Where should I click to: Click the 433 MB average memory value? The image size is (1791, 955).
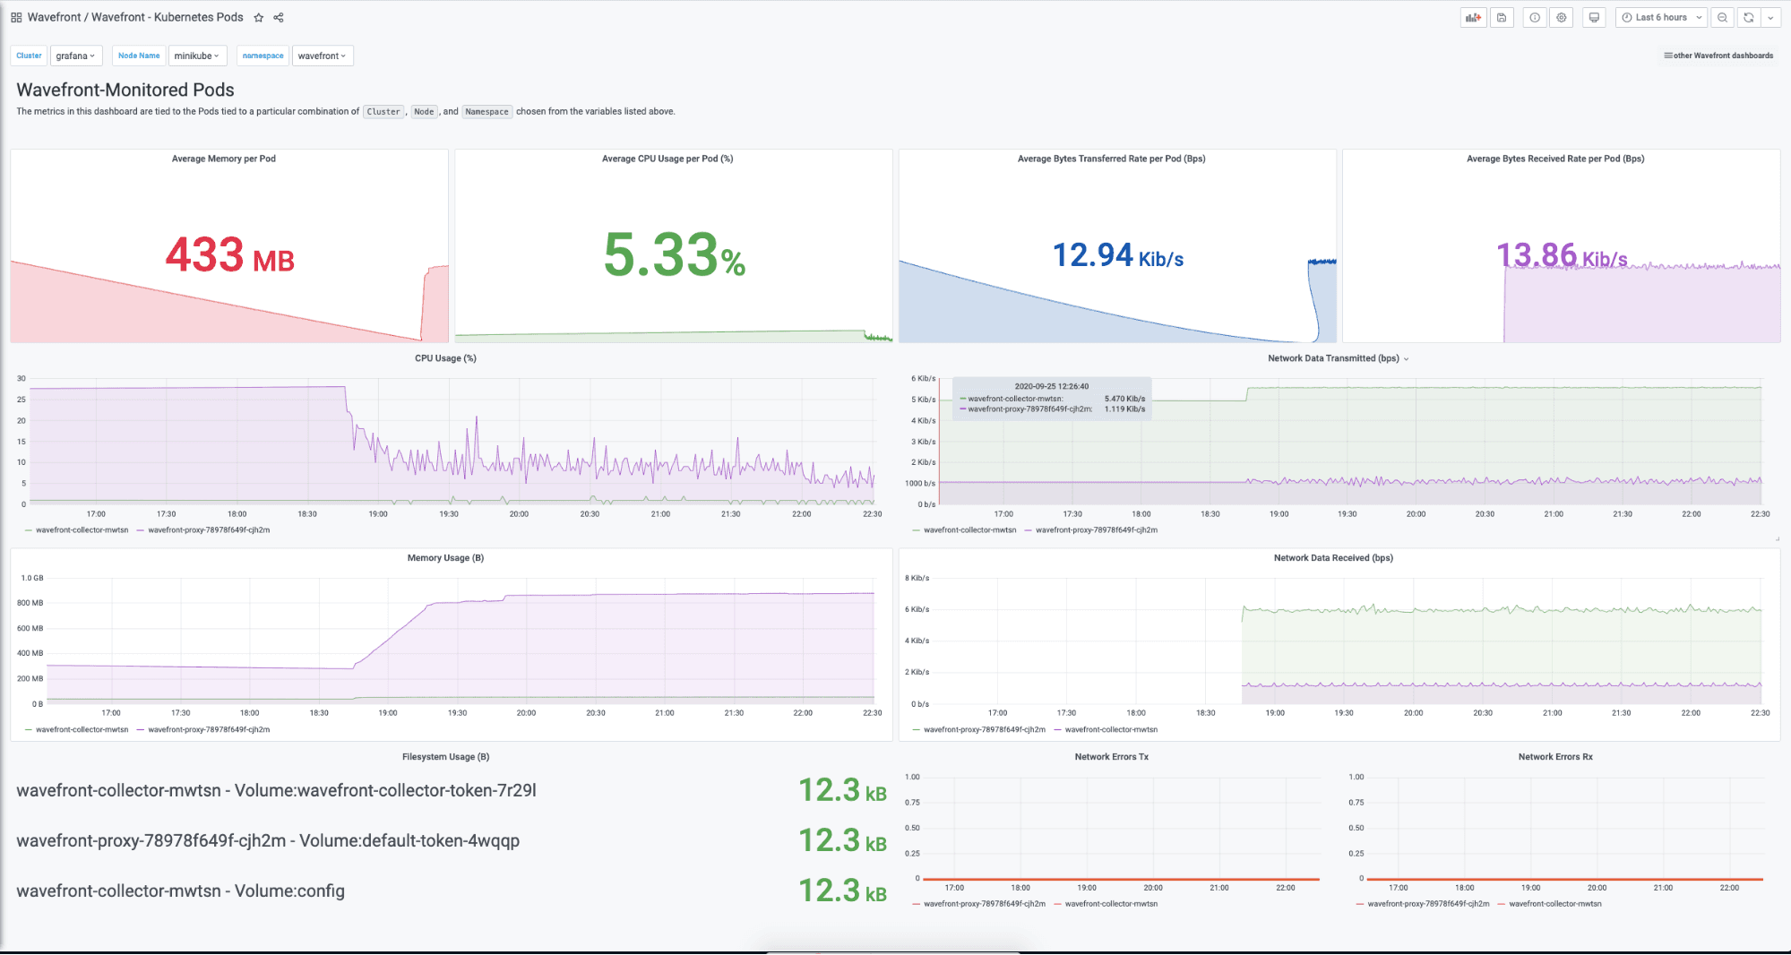229,255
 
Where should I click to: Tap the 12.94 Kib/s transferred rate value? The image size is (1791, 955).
1117,256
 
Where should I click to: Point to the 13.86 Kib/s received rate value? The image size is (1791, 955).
1561,256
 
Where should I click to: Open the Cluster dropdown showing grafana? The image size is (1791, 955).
75,56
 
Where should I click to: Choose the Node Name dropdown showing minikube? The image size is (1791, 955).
197,56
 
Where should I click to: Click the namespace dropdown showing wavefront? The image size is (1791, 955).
322,56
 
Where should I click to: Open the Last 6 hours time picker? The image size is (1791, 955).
1661,17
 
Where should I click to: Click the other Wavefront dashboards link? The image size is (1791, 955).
1718,56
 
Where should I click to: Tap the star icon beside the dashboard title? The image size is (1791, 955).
259,17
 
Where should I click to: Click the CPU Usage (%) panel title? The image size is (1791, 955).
445,358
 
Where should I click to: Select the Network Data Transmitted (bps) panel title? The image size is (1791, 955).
1333,358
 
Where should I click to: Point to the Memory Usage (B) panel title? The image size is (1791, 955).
445,558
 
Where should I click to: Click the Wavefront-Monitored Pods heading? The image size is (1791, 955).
125,90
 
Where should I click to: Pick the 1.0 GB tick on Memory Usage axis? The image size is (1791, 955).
32,579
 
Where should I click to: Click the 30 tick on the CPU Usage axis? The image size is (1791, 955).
22,379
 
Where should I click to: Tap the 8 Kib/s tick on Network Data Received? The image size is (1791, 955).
917,579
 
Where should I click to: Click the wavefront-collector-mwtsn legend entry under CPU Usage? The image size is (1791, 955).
82,530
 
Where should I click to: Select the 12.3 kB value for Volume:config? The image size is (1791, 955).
842,890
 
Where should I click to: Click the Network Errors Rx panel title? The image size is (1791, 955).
1555,757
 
